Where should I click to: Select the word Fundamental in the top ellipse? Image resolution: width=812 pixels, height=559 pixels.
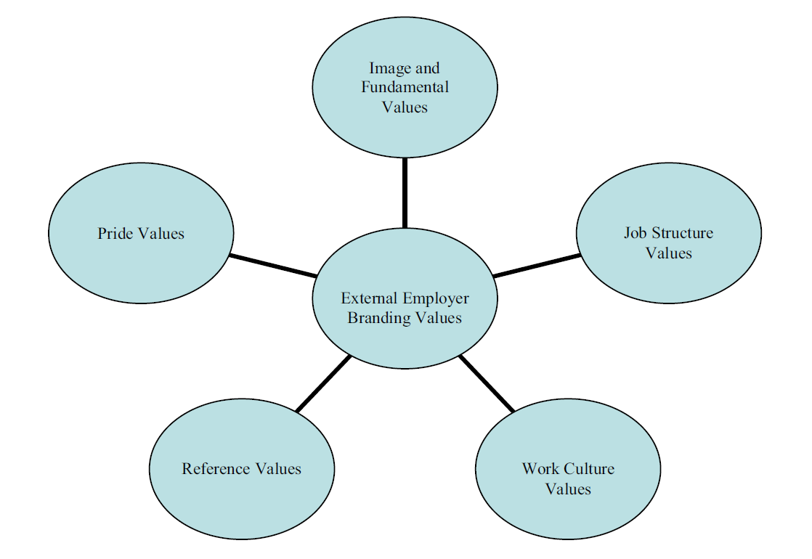tap(405, 87)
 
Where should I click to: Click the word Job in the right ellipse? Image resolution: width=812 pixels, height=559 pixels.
tap(635, 233)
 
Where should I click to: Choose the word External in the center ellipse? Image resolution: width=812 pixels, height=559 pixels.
tap(368, 298)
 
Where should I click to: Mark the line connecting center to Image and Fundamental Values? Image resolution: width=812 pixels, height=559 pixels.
tap(405, 193)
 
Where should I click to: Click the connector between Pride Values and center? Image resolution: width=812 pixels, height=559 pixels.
tap(273, 266)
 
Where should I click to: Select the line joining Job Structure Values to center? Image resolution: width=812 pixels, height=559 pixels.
tap(537, 266)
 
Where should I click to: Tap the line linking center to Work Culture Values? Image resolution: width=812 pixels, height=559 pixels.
tap(487, 384)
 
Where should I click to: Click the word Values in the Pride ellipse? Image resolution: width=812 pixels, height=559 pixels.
tap(163, 233)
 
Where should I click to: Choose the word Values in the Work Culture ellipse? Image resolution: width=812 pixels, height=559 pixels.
tap(568, 489)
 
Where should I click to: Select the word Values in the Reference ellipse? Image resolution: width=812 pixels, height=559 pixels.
tap(279, 469)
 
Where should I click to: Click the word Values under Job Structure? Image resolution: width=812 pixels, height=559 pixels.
tap(668, 253)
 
